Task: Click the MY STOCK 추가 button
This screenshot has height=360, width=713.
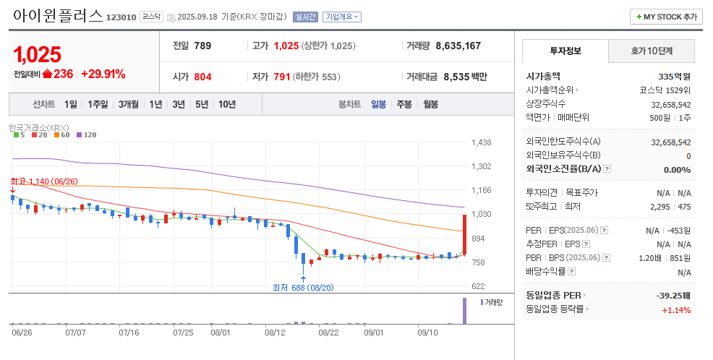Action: (x=666, y=17)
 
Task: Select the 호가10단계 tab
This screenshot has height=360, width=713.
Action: (x=652, y=51)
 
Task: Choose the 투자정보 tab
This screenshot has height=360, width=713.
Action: (x=565, y=51)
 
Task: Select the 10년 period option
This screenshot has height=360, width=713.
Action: (x=227, y=104)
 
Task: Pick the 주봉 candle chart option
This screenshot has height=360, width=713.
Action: (x=404, y=104)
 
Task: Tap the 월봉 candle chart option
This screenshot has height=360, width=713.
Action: (x=431, y=104)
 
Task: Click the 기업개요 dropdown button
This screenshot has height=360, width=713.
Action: (x=342, y=17)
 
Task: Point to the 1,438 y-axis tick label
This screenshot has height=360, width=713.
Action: (x=481, y=143)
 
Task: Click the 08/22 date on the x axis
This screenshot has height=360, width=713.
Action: (x=328, y=333)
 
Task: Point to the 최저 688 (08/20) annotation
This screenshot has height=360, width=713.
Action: (x=303, y=288)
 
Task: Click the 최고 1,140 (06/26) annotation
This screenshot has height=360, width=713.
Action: (x=44, y=181)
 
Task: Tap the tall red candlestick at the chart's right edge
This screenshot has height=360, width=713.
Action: (x=464, y=233)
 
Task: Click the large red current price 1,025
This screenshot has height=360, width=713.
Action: (x=38, y=54)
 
